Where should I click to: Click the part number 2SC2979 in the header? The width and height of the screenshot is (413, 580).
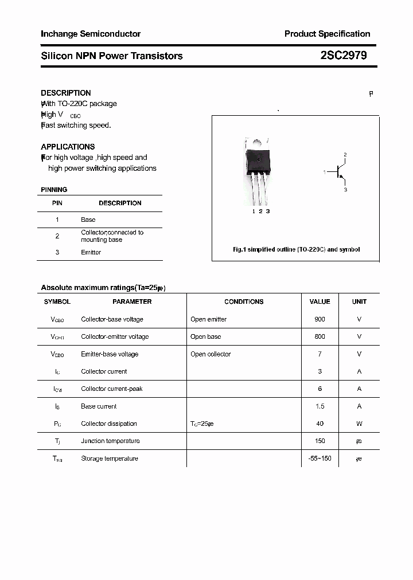click(x=344, y=56)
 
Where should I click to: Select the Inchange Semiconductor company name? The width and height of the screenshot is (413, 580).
click(x=91, y=34)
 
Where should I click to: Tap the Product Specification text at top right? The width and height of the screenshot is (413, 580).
click(x=327, y=34)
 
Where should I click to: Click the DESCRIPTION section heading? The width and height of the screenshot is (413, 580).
click(x=66, y=93)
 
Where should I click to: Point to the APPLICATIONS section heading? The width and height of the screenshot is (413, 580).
click(x=68, y=147)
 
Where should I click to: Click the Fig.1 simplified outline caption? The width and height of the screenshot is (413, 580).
click(x=296, y=250)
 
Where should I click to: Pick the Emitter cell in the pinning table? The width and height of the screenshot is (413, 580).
click(x=91, y=252)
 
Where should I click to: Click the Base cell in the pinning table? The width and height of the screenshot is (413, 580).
click(x=88, y=220)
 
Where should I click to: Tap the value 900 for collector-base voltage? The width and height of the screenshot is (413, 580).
click(x=320, y=319)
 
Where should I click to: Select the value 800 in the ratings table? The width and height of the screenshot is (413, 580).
click(x=320, y=336)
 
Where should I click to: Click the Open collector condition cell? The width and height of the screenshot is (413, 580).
click(x=211, y=354)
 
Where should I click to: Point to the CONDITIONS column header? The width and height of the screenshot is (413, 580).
click(x=244, y=301)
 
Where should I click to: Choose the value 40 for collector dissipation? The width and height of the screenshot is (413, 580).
click(x=320, y=424)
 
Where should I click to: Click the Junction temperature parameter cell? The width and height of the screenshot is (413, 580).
click(x=110, y=441)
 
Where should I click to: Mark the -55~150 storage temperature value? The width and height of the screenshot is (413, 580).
click(x=320, y=458)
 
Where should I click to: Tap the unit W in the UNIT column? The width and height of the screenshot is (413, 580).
click(x=359, y=424)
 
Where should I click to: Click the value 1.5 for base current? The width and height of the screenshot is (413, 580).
click(x=320, y=406)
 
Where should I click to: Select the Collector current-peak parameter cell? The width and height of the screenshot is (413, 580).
click(x=112, y=389)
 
